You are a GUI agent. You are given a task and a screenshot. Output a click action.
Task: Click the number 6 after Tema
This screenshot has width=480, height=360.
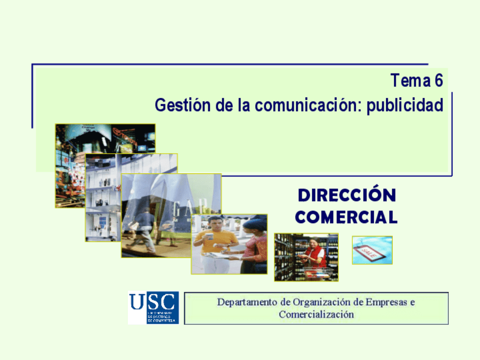point(438,82)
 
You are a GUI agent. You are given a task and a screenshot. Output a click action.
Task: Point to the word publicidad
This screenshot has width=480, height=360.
point(405,106)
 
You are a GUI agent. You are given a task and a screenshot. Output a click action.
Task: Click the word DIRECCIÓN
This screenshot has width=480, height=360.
point(346,195)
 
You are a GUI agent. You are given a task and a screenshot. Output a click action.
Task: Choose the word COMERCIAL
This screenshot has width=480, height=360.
point(346,217)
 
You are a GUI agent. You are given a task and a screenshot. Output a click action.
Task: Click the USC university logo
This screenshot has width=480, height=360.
point(153,307)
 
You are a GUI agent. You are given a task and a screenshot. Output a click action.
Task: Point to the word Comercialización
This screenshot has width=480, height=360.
point(316,315)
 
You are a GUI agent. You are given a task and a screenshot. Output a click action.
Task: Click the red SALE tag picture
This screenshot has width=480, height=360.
point(372,250)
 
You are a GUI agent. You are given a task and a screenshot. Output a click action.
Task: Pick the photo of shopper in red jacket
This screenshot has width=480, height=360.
point(306,257)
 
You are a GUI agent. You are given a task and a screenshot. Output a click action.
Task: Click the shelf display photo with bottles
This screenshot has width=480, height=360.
point(102,198)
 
